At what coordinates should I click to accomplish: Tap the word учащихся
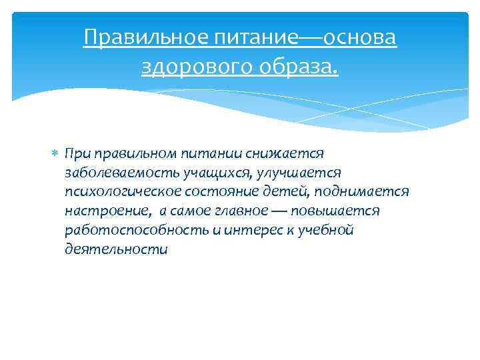point(206,173)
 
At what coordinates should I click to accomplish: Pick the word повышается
point(340,211)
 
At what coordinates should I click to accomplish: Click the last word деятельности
point(117,250)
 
